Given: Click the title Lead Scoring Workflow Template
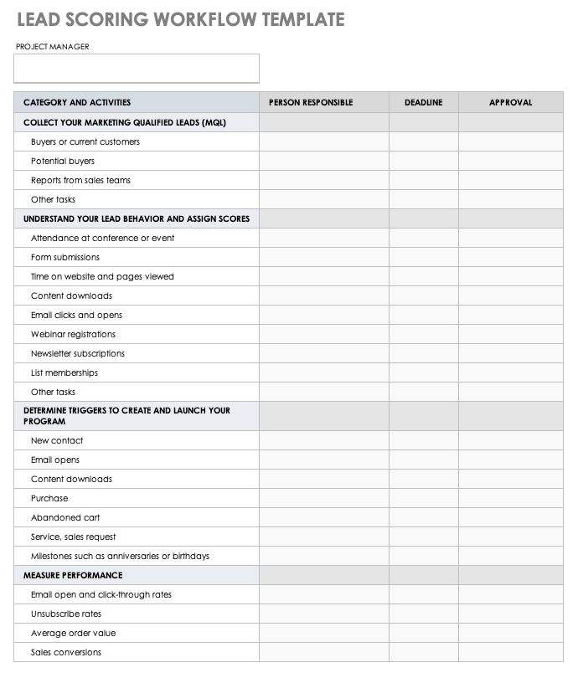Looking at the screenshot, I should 180,20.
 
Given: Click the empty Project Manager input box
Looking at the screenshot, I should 137,69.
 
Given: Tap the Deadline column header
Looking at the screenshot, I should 423,102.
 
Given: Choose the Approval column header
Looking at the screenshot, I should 510,102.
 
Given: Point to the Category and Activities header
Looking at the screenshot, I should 77,102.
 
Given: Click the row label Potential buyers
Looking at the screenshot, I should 63,161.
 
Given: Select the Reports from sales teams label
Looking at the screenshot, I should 80,180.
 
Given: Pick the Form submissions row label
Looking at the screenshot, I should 65,257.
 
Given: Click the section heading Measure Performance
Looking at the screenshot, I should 73,575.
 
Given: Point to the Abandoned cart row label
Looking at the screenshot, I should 65,517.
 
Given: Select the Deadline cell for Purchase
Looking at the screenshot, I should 423,498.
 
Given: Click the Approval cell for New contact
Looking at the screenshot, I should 510,440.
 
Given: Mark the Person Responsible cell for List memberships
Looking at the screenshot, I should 323,372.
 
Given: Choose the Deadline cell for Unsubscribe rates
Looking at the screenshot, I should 423,614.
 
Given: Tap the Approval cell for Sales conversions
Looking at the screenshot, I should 510,652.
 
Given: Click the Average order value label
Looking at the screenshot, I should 74,633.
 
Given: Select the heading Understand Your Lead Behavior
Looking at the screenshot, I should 137,218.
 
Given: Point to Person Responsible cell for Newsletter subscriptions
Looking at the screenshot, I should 323,353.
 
